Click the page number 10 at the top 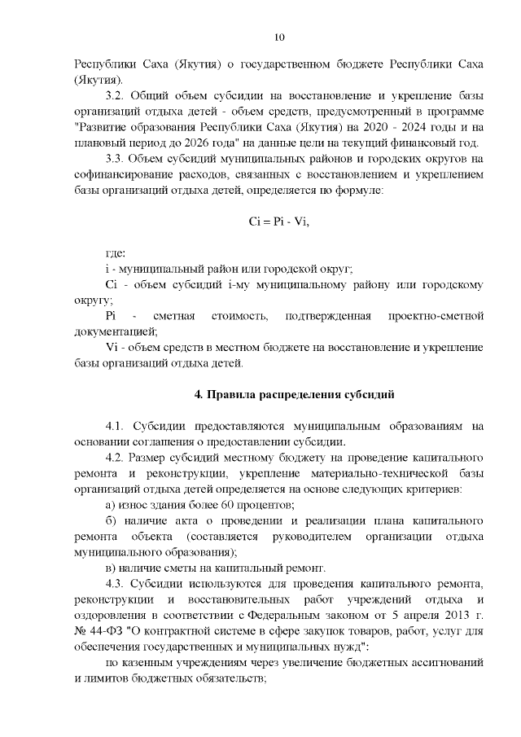279,37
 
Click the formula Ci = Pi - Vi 279,221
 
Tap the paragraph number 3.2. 119,95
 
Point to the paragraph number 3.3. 119,159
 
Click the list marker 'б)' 112,521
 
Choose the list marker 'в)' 112,568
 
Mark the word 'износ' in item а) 138,506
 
